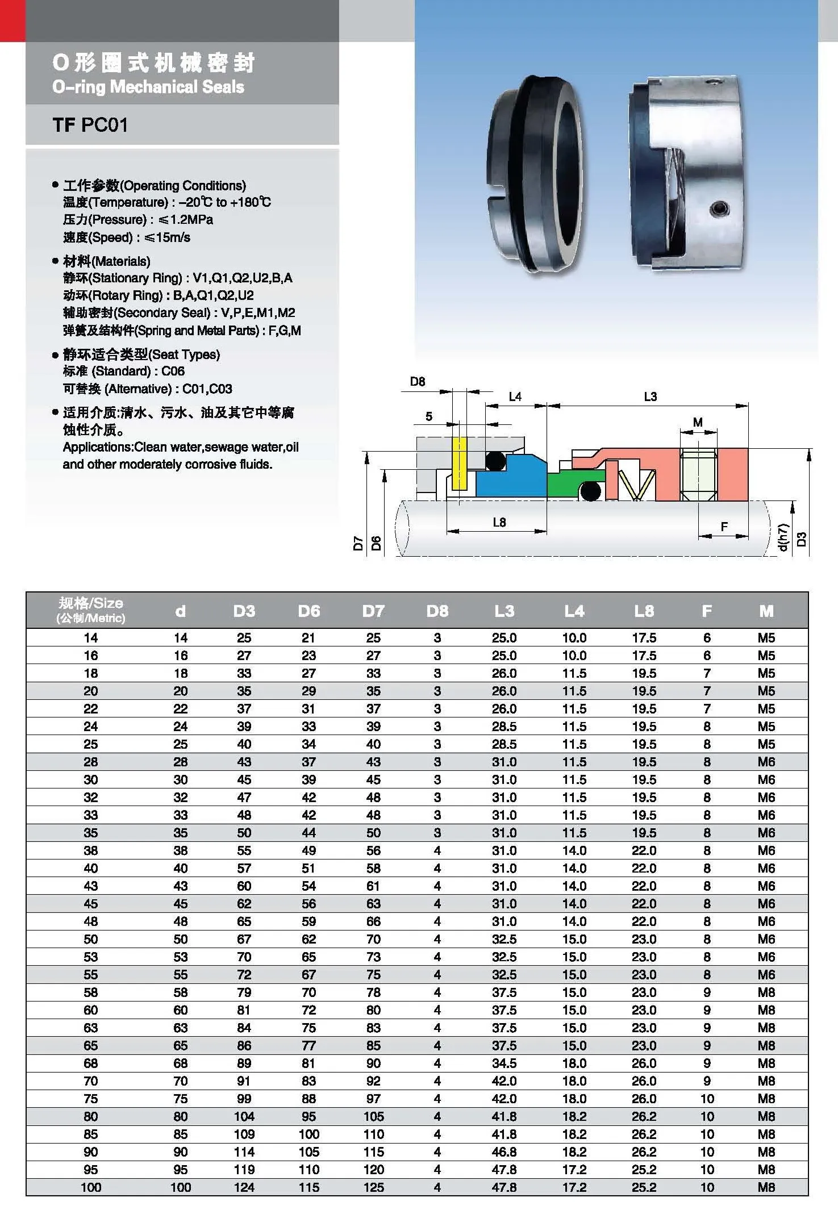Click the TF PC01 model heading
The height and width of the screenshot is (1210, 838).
[90, 124]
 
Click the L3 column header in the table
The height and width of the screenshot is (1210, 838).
[504, 611]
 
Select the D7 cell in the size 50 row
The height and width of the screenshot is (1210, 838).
[373, 939]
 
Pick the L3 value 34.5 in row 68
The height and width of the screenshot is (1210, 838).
[504, 1063]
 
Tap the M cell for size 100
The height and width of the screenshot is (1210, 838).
[766, 1187]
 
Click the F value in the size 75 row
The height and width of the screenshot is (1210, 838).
[707, 1098]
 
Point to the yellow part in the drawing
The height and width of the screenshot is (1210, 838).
[459, 463]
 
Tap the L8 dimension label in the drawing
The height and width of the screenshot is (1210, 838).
[499, 522]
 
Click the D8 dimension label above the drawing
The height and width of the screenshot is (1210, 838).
[418, 382]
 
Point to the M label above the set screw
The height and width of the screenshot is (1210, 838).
[698, 422]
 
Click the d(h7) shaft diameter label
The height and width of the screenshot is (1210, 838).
[783, 537]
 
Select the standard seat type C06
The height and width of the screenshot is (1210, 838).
[173, 371]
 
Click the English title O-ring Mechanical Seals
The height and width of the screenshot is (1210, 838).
[148, 87]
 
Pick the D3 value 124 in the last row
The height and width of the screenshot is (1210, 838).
[244, 1187]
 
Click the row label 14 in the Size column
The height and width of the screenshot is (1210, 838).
[91, 637]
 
